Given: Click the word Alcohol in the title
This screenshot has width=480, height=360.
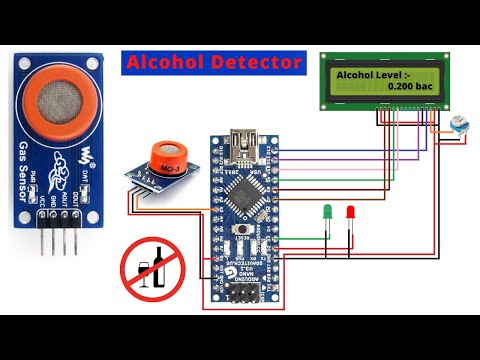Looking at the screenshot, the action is click(x=163, y=62).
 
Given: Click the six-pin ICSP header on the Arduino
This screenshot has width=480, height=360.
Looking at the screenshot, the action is click(x=241, y=292).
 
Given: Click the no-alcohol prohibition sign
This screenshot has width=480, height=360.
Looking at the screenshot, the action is click(x=151, y=269).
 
